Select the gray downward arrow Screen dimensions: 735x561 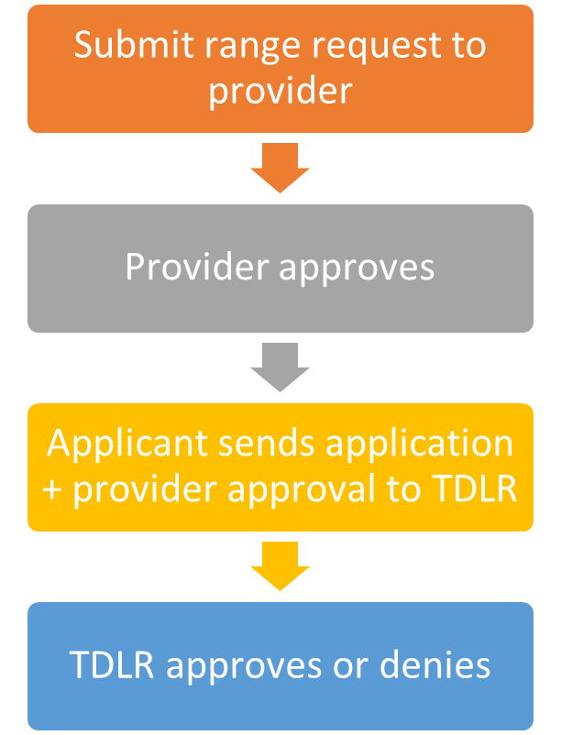coord(280,365)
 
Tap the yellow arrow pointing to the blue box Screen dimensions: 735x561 coord(280,565)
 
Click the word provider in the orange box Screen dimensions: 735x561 coord(280,92)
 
